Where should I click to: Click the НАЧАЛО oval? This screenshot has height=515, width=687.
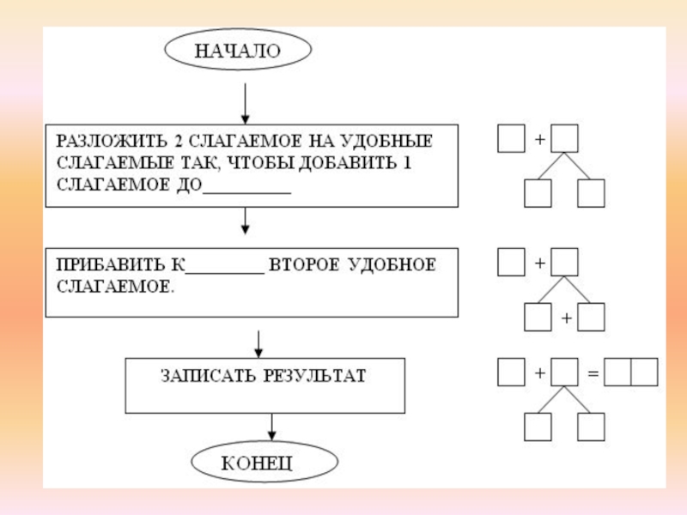point(237,51)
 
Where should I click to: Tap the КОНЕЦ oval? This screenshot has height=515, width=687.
point(258,463)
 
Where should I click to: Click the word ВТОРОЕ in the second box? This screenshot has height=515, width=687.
point(304,265)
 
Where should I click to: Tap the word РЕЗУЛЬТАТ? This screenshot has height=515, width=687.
point(321,376)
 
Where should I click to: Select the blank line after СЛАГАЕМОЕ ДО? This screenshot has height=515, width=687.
point(246,191)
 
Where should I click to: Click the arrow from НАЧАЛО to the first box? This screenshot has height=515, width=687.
point(246,103)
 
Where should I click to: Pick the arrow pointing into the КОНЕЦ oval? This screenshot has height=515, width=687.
point(271,428)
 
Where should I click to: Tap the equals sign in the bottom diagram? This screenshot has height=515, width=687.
point(592,373)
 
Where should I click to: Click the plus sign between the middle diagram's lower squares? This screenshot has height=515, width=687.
point(566,318)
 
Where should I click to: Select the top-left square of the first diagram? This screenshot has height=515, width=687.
point(511,138)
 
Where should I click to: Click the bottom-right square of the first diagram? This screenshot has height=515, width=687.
point(592,193)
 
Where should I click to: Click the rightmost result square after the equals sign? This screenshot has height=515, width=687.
point(644,372)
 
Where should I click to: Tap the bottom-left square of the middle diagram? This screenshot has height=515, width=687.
point(538,318)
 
